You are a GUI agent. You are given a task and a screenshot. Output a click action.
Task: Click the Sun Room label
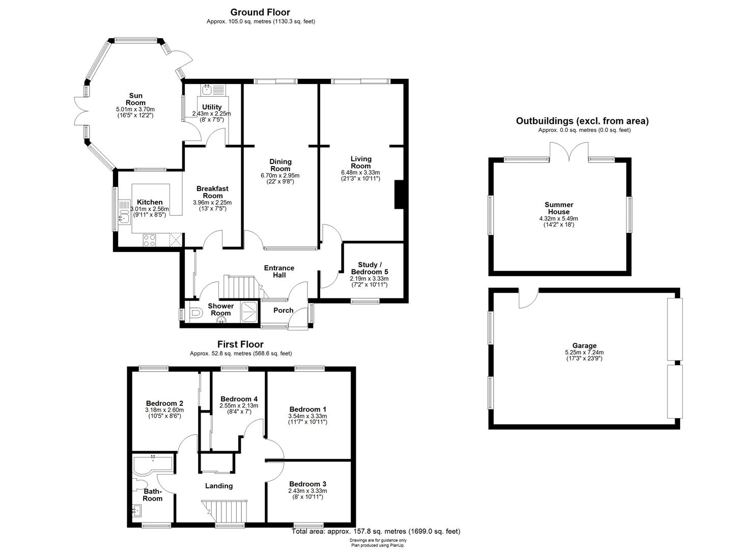pyautogui.click(x=136, y=99)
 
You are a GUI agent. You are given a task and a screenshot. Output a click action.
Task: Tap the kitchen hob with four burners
pyautogui.click(x=149, y=240)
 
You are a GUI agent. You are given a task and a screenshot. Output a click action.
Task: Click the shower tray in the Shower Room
pyautogui.click(x=249, y=312)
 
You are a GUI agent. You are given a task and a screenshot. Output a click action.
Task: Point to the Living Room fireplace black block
pyautogui.click(x=399, y=195)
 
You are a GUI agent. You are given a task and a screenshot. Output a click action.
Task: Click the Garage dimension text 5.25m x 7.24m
pyautogui.click(x=584, y=352)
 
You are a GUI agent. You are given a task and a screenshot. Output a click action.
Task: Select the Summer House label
pyautogui.click(x=559, y=208)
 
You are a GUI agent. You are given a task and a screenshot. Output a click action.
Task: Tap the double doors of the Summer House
pyautogui.click(x=569, y=152)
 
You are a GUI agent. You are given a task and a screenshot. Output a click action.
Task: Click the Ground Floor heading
pyautogui.click(x=260, y=13)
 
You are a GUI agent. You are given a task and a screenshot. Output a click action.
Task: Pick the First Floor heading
pyautogui.click(x=240, y=344)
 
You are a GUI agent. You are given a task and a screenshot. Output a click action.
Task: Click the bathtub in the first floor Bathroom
pyautogui.click(x=153, y=464)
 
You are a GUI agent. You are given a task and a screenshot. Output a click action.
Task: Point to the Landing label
pyautogui.click(x=219, y=486)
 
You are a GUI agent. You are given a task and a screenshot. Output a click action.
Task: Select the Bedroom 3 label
pyautogui.click(x=307, y=484)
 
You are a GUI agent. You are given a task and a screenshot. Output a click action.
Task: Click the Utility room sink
pyautogui.click(x=207, y=90)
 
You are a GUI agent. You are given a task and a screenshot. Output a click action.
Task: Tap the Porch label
pyautogui.click(x=283, y=310)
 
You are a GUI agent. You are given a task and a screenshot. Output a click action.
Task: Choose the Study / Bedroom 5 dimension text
pyautogui.click(x=369, y=282)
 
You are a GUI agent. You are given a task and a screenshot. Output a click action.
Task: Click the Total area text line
pyautogui.click(x=376, y=531)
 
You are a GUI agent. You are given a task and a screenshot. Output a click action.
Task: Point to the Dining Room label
pyautogui.click(x=280, y=165)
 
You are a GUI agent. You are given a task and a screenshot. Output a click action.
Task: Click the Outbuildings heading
pyautogui.click(x=582, y=121)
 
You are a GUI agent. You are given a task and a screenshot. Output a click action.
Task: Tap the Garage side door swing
pyautogui.click(x=528, y=298)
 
